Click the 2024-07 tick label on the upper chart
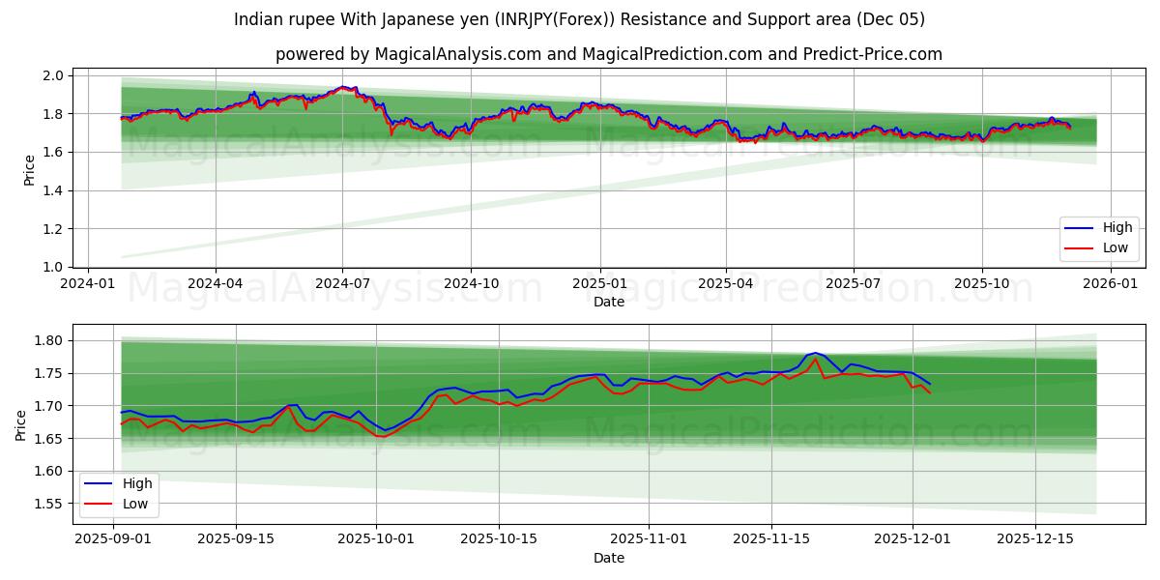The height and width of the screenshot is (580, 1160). pyautogui.click(x=342, y=283)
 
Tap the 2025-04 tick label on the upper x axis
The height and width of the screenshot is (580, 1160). pyautogui.click(x=726, y=283)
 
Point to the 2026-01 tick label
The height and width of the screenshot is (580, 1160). pyautogui.click(x=1110, y=283)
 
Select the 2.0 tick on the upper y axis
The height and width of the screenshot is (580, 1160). pyautogui.click(x=53, y=75)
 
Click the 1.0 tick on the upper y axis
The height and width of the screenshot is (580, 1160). pyautogui.click(x=53, y=267)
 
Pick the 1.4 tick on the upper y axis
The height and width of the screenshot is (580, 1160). pyautogui.click(x=53, y=190)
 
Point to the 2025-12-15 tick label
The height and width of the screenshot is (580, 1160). pyautogui.click(x=1035, y=539)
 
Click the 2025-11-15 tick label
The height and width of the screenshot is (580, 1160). pyautogui.click(x=771, y=539)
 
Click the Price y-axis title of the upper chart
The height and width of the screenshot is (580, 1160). pyautogui.click(x=29, y=171)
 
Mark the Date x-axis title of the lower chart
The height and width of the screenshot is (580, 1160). pyautogui.click(x=609, y=558)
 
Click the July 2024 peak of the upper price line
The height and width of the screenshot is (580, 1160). pyautogui.click(x=343, y=86)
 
